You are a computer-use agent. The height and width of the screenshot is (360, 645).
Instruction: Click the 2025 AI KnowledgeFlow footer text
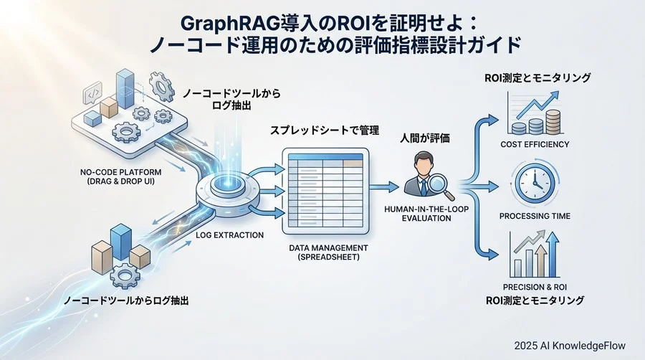569,345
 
